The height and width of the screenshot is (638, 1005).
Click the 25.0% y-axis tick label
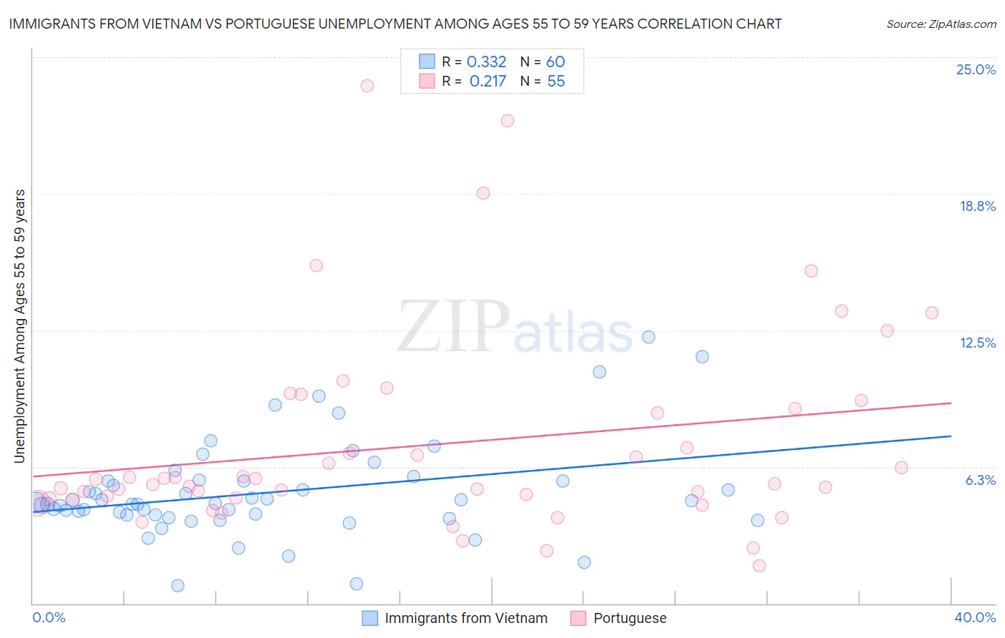coord(976,70)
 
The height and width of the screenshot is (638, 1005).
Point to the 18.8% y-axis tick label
coord(977,207)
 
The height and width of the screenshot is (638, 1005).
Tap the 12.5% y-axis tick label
coord(977,343)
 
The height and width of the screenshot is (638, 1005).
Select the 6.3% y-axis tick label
coord(980,480)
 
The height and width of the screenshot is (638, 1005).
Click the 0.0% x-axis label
coord(49,617)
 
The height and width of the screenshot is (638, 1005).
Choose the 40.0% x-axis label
coord(974,617)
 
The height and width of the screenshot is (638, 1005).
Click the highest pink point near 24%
coord(367,86)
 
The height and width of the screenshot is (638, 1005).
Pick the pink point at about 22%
coord(508,121)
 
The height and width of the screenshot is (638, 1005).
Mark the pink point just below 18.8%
coord(483,193)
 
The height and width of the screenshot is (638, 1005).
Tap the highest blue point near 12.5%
coord(648,337)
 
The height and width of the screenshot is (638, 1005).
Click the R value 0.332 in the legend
coord(486,62)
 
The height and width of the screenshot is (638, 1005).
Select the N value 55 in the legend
coord(555,82)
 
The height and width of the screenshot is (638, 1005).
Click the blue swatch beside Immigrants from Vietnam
coord(370,618)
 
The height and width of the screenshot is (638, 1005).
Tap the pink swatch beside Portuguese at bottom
coord(578,618)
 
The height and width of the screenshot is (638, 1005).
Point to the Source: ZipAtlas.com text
coord(941,24)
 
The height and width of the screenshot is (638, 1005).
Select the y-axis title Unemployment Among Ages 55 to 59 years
coord(19,325)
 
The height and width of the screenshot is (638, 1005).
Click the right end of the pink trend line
coord(951,403)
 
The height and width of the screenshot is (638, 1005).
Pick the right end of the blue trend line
coord(951,436)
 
